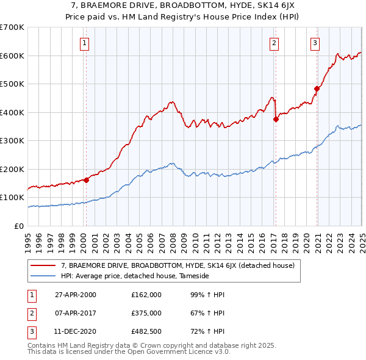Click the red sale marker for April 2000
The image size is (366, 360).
[x=86, y=180]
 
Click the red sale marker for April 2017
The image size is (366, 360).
[x=276, y=120]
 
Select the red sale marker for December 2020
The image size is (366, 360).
[x=317, y=89]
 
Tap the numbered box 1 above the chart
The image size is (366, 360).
[x=84, y=43]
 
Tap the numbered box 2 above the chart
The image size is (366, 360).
[x=274, y=43]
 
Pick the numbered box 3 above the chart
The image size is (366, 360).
[x=315, y=43]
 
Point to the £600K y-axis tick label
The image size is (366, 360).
[x=12, y=56]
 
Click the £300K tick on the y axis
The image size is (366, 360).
[x=12, y=141]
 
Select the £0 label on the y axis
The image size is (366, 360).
[x=19, y=226]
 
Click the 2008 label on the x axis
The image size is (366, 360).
[x=173, y=240]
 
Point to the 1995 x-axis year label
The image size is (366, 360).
[x=29, y=240]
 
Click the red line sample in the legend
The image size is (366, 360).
[x=44, y=265]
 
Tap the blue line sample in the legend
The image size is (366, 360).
[x=44, y=276]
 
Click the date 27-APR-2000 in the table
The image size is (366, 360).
[x=75, y=295]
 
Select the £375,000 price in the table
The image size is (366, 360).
[x=146, y=313]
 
